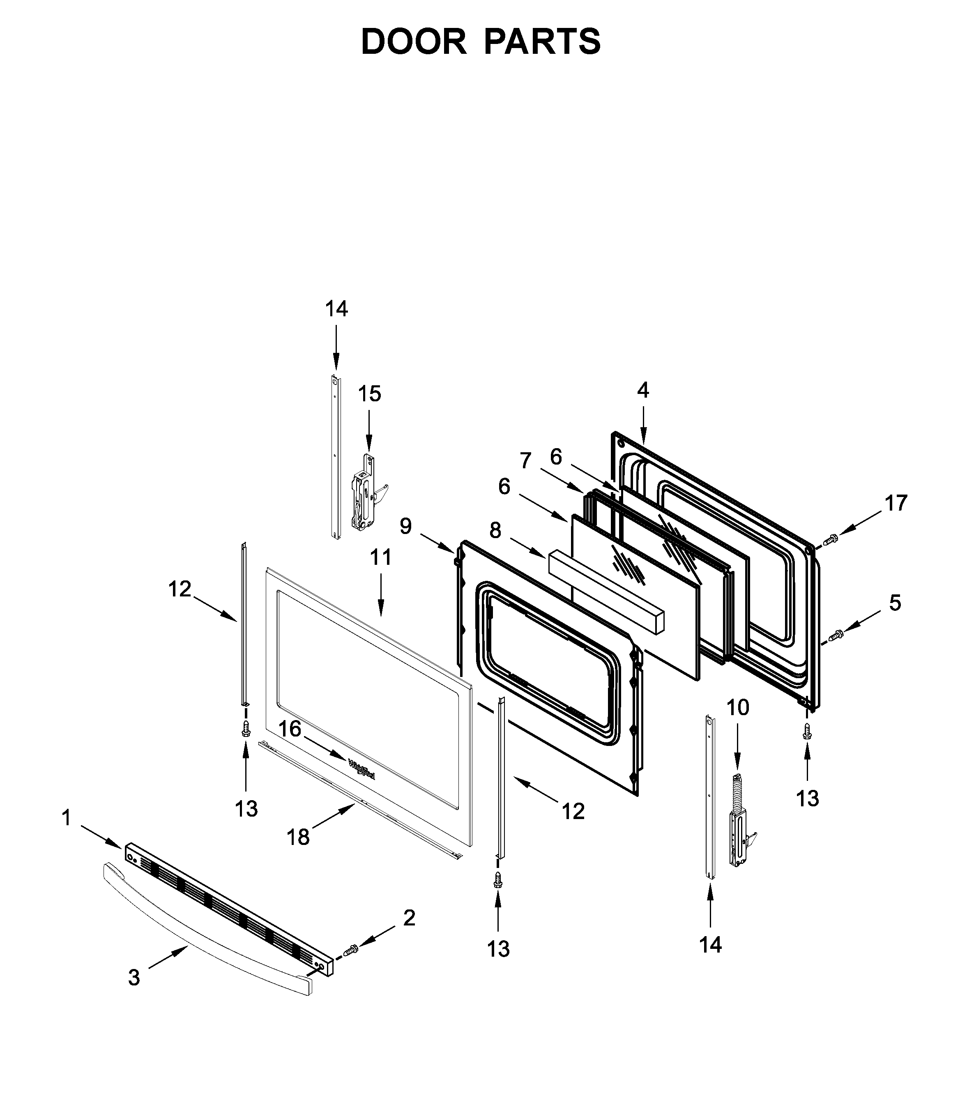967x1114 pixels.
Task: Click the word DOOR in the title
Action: tap(413, 42)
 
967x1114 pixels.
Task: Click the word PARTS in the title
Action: tap(542, 42)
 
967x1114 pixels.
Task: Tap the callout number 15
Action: tap(370, 394)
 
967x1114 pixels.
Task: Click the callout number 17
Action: tap(896, 503)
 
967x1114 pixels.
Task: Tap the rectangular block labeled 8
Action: tap(606, 591)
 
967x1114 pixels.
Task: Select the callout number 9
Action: tap(405, 525)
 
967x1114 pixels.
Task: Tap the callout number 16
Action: tap(289, 729)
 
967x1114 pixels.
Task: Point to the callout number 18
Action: tap(298, 837)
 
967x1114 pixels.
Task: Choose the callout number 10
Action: tap(738, 707)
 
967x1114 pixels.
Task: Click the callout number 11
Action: tap(380, 557)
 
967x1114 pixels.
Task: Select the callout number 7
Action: tap(525, 461)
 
